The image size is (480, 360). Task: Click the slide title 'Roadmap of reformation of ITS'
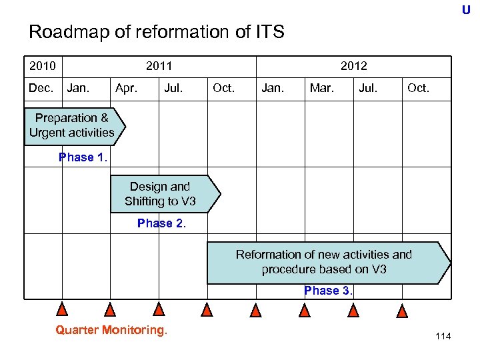[x=157, y=31]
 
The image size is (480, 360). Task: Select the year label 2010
[x=42, y=65]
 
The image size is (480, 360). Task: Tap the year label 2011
[x=159, y=65]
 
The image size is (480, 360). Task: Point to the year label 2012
[x=353, y=65]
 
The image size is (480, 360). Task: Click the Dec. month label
[x=41, y=87]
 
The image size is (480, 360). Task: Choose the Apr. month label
[x=127, y=87]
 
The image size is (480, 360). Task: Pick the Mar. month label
[x=321, y=87]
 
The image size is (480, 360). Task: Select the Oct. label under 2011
[x=223, y=87]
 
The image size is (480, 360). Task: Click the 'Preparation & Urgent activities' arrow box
[x=73, y=125]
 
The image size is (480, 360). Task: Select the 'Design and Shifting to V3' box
[x=163, y=193]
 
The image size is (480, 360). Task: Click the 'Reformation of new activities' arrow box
[x=327, y=262]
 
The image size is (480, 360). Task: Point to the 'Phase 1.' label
[x=83, y=157]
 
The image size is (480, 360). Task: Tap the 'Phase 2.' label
[x=161, y=223]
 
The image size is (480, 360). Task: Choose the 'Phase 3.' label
[x=329, y=291]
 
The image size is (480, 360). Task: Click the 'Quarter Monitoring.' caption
[x=111, y=329]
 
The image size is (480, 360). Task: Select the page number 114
[x=443, y=336]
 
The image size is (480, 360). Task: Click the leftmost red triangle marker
[x=62, y=309]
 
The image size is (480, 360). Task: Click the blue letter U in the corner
[x=466, y=10]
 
